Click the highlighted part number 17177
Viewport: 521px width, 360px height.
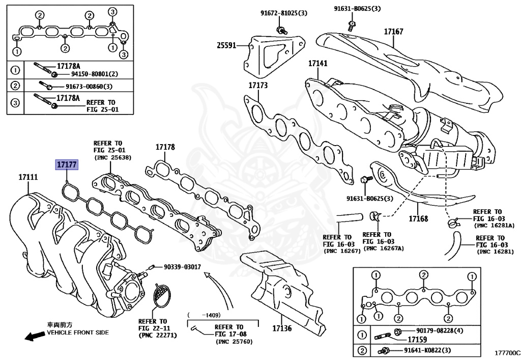(67, 164)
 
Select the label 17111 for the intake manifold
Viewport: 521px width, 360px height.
(28, 177)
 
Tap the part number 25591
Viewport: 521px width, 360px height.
(226, 45)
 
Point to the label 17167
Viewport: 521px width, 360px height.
(393, 32)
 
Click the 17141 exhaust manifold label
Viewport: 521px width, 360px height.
(317, 64)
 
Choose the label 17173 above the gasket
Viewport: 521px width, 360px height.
(258, 85)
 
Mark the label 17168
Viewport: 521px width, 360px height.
(418, 219)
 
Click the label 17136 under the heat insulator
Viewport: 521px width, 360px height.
(282, 328)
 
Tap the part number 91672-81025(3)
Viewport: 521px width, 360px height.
(280, 12)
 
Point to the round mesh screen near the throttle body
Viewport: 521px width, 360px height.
(164, 295)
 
